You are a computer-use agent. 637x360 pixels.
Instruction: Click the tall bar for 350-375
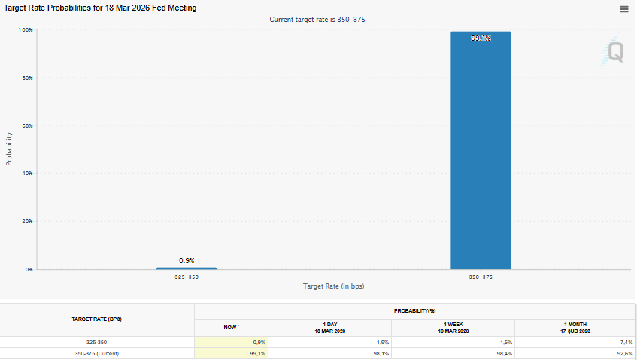(x=481, y=150)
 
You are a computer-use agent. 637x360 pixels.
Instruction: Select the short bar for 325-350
(x=186, y=268)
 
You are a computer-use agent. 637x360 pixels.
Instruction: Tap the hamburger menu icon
(x=623, y=9)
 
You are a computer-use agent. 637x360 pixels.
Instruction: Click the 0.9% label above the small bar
(x=187, y=260)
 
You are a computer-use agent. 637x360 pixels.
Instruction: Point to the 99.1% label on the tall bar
(x=481, y=38)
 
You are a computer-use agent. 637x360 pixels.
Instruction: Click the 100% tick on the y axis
(x=26, y=29)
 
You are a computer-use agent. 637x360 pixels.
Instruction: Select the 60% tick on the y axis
(x=27, y=126)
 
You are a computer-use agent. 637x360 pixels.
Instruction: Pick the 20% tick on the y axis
(x=27, y=221)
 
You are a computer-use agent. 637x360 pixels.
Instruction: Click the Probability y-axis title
(x=9, y=149)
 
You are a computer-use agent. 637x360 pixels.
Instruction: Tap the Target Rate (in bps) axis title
(x=333, y=286)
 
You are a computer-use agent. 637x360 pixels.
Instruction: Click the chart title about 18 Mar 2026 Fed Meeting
(x=101, y=8)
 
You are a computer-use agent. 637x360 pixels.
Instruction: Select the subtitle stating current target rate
(x=318, y=20)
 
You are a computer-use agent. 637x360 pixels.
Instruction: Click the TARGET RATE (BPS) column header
(x=96, y=319)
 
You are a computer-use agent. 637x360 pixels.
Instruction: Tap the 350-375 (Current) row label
(x=96, y=354)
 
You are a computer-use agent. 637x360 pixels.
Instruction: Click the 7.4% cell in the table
(x=623, y=342)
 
